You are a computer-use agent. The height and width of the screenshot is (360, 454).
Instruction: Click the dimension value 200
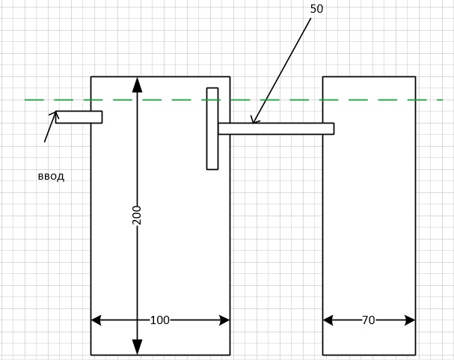click(x=137, y=216)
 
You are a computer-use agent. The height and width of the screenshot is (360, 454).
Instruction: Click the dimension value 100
click(x=160, y=320)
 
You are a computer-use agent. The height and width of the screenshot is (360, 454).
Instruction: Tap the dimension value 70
click(x=368, y=320)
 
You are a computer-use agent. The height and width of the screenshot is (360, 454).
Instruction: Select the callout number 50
click(x=316, y=9)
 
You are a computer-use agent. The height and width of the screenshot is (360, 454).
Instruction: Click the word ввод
click(x=51, y=177)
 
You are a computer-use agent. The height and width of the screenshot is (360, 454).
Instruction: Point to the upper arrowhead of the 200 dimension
click(x=137, y=85)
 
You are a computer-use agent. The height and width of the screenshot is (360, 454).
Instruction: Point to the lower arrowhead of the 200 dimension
click(x=137, y=347)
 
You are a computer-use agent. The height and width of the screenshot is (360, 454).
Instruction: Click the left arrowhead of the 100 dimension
click(x=96, y=320)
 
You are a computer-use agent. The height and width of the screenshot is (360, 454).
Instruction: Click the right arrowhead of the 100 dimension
click(x=224, y=320)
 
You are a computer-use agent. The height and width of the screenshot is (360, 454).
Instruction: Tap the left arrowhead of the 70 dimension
click(x=328, y=320)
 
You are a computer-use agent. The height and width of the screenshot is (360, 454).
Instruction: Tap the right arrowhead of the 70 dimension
click(x=410, y=320)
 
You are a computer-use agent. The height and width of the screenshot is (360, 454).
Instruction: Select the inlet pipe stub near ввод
click(x=79, y=117)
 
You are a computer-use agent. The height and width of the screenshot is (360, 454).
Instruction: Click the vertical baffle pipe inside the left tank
click(x=212, y=129)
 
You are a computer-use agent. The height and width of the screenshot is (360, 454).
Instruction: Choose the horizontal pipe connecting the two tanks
click(x=276, y=129)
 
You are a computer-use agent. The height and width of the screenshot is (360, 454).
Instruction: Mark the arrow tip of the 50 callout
click(x=253, y=123)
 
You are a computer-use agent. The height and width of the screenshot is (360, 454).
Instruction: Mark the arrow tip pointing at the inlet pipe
click(x=56, y=112)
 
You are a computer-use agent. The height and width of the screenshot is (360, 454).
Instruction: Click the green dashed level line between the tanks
click(x=276, y=100)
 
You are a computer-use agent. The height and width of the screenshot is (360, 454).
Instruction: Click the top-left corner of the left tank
click(x=91, y=77)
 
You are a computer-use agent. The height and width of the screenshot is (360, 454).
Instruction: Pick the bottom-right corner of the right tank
click(x=415, y=355)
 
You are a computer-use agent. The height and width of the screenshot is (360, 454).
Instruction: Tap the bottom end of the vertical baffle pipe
click(x=212, y=169)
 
